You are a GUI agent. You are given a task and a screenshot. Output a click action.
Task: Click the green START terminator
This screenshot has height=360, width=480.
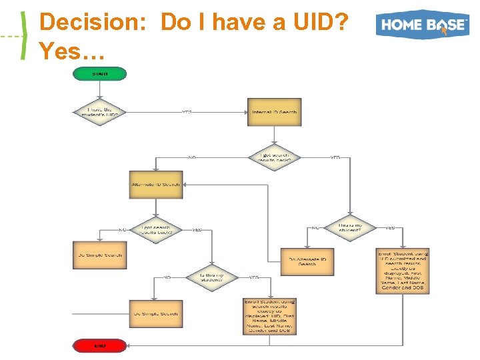point(99,74)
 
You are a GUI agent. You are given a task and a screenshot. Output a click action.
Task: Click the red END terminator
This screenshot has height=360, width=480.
point(99,345)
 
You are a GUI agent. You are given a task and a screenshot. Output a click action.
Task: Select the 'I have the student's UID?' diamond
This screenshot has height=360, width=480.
point(99,112)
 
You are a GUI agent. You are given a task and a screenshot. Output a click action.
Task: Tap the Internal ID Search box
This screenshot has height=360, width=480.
point(274,112)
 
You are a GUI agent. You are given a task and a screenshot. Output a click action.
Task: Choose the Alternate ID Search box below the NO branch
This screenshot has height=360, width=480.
point(155,185)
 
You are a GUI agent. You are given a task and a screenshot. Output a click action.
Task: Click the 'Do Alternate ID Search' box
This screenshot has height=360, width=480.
point(307,261)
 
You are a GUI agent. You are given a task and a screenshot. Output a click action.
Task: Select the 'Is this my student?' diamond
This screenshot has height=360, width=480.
point(211,278)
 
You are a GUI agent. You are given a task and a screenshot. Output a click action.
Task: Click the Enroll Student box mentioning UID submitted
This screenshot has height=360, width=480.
point(403,271)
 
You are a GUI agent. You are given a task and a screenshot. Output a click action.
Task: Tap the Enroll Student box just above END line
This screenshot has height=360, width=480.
point(269,315)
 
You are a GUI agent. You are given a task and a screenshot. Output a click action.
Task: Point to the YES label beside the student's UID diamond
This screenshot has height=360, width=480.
point(187,112)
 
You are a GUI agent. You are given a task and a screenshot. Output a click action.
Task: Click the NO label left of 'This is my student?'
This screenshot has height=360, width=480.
point(315,227)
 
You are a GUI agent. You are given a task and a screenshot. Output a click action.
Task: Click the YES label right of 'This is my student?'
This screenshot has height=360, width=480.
point(389,227)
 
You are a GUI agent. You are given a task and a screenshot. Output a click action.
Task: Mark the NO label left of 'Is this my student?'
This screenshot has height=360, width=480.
point(167,277)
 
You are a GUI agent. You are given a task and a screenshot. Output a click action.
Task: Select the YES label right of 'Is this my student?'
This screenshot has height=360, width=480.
point(254,277)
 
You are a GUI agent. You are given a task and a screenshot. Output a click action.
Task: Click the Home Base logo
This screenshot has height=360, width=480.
point(422,25)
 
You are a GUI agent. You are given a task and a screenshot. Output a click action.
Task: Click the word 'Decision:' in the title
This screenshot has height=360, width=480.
point(96,23)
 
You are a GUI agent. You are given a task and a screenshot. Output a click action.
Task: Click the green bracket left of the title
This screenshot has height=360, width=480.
point(25,35)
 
